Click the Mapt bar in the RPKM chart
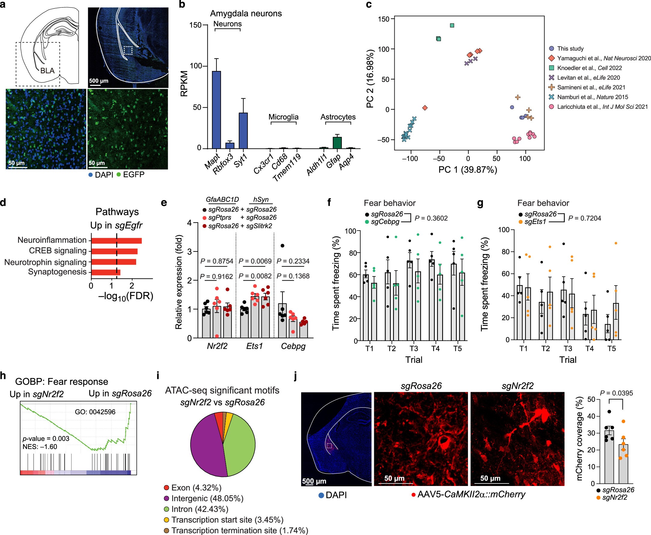[x=216, y=109]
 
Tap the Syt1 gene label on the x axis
[x=240, y=161]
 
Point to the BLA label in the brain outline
[x=47, y=71]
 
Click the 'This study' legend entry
[x=570, y=48]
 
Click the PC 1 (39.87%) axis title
[x=467, y=170]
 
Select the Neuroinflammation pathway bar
[x=116, y=241]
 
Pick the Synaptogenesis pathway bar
[x=105, y=272]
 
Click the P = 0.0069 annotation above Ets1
[x=255, y=261]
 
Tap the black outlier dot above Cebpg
[x=283, y=246]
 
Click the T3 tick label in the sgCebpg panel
[x=413, y=349]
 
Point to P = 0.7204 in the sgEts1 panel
[x=584, y=218]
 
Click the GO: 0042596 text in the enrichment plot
[x=95, y=412]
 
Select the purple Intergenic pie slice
[x=206, y=444]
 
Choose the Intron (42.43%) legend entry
[x=200, y=509]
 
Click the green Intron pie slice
[x=240, y=444]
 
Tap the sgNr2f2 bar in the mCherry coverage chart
[x=623, y=463]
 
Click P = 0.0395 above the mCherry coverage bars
[x=616, y=393]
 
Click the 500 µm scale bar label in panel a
[x=99, y=81]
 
